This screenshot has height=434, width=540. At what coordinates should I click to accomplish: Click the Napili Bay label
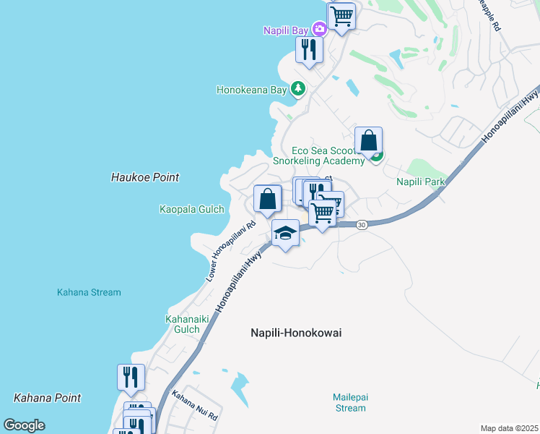coord(286,30)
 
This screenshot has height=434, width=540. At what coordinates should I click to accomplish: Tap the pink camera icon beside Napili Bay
coord(319,30)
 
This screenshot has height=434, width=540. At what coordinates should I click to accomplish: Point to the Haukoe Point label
coord(145,177)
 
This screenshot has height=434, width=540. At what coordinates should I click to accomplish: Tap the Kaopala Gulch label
coord(191,209)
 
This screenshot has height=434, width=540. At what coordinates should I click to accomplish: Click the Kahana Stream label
coord(89,292)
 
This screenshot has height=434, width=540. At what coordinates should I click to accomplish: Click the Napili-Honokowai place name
coord(295,333)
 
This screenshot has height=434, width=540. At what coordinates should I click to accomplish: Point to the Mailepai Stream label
coord(349,402)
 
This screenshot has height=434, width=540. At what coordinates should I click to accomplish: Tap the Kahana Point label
coord(48,398)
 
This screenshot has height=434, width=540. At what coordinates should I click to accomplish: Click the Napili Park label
coord(419,182)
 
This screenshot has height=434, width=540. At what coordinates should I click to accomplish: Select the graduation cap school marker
coord(285,233)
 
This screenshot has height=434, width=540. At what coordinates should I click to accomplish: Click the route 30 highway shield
coord(362,225)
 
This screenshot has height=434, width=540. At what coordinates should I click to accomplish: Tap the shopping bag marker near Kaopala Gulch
coord(267,198)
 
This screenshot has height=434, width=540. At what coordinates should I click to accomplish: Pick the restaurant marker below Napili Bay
coord(309,49)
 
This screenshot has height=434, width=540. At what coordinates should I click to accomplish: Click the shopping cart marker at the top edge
coord(341,16)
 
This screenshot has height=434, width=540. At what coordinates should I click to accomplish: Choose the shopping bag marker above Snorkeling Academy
coord(368,140)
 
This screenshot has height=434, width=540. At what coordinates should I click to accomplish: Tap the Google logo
coord(25,425)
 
